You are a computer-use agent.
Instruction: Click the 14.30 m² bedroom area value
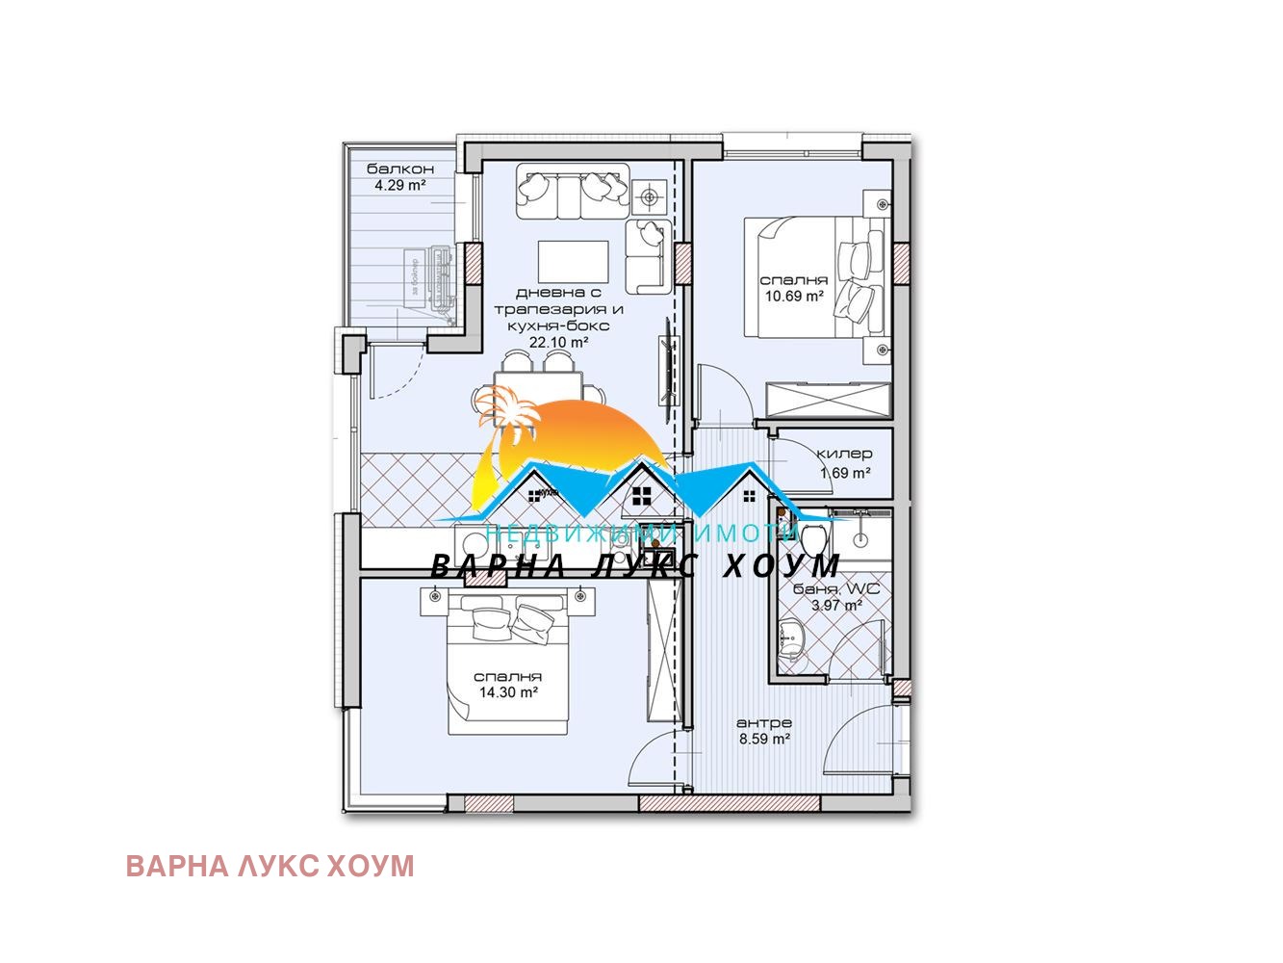pyautogui.click(x=507, y=691)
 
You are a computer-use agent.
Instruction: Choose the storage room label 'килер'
pyautogui.click(x=844, y=454)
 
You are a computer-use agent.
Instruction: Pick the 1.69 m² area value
pyautogui.click(x=845, y=473)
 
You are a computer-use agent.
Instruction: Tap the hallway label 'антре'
pyautogui.click(x=763, y=723)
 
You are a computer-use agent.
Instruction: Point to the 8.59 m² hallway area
pyautogui.click(x=763, y=740)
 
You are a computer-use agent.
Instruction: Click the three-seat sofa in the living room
pyautogui.click(x=572, y=192)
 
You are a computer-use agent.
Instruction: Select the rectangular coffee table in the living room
pyautogui.click(x=573, y=259)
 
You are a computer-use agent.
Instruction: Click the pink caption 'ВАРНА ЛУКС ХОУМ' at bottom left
pyautogui.click(x=269, y=866)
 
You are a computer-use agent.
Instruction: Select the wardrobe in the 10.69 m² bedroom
pyautogui.click(x=826, y=398)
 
